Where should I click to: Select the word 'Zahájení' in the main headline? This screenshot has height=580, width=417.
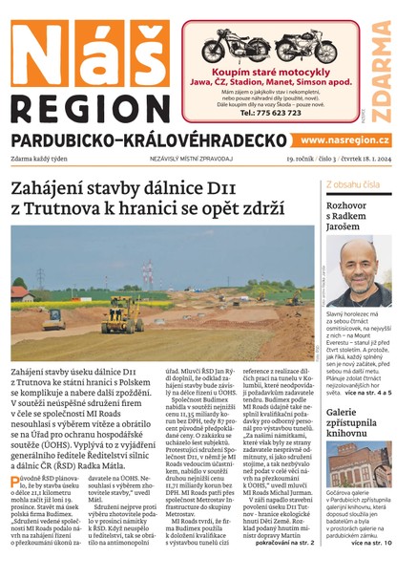(52, 187)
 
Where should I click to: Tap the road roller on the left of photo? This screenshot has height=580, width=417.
(54, 317)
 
